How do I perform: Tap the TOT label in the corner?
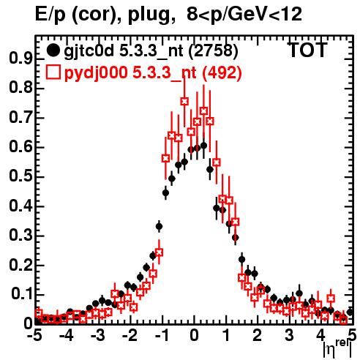tap(307, 50)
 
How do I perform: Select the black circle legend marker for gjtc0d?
tap(53, 50)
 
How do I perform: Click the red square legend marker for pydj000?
tap(53, 72)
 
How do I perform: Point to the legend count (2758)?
tap(213, 51)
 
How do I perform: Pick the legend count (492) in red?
tap(222, 72)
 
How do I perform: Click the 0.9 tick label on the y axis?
tap(21, 59)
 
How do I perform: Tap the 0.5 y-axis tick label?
tap(21, 177)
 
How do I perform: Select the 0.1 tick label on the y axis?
tap(22, 295)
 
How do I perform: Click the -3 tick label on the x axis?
tap(98, 336)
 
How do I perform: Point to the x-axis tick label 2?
tap(258, 336)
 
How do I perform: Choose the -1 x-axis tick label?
tap(162, 336)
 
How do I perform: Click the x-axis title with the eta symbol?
tap(338, 349)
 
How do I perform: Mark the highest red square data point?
tap(184, 101)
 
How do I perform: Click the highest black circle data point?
tap(203, 146)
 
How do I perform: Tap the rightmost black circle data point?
tap(350, 312)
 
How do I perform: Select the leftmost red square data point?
tap(39, 312)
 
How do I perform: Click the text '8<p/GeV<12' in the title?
tap(244, 14)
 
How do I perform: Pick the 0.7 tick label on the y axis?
tap(21, 118)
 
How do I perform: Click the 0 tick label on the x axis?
tap(194, 336)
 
